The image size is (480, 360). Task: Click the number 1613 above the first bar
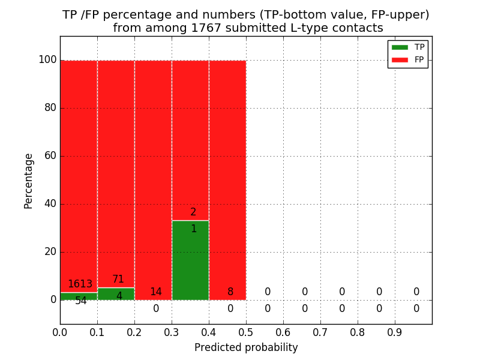point(80,284)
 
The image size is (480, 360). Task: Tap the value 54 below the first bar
point(81,301)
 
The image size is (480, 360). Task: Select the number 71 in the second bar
point(118,280)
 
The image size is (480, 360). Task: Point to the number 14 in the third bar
point(155,292)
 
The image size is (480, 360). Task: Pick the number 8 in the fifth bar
point(230,292)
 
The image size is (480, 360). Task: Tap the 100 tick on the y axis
point(47,60)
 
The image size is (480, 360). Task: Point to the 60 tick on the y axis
point(50,156)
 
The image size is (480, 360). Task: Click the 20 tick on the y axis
point(50,252)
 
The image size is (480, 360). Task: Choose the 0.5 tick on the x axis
point(246,332)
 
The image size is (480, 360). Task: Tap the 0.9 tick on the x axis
point(395,332)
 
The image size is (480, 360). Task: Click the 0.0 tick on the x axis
point(60,332)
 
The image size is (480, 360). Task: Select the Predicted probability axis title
point(246,347)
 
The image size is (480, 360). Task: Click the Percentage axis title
point(29,181)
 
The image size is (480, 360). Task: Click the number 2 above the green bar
point(193,212)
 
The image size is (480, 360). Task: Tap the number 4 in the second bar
point(119,296)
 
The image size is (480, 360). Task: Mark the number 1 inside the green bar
point(194,229)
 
